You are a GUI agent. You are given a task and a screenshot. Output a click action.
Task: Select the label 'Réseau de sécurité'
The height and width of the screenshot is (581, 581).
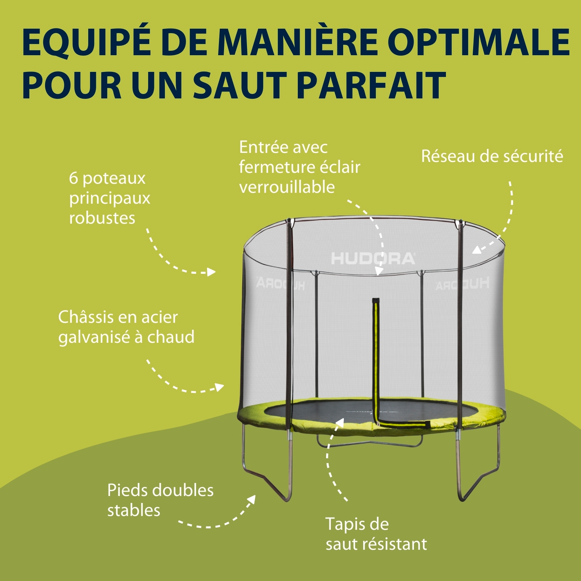click(x=492, y=157)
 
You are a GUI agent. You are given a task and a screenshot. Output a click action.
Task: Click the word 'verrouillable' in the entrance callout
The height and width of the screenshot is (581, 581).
click(x=287, y=187)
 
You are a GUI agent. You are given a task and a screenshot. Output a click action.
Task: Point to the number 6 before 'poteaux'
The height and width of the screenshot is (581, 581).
click(x=74, y=178)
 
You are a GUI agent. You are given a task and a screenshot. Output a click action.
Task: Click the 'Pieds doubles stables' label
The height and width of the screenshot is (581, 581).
click(x=160, y=500)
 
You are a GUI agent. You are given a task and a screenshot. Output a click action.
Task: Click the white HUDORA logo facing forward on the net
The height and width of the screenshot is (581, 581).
click(x=373, y=259)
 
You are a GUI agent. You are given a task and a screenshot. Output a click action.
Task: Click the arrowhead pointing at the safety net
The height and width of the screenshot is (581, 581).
click(x=477, y=249)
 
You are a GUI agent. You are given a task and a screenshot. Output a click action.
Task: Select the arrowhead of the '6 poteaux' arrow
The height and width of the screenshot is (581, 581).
click(x=211, y=272)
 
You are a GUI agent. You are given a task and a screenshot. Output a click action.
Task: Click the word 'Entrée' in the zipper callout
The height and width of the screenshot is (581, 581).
click(x=264, y=147)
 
